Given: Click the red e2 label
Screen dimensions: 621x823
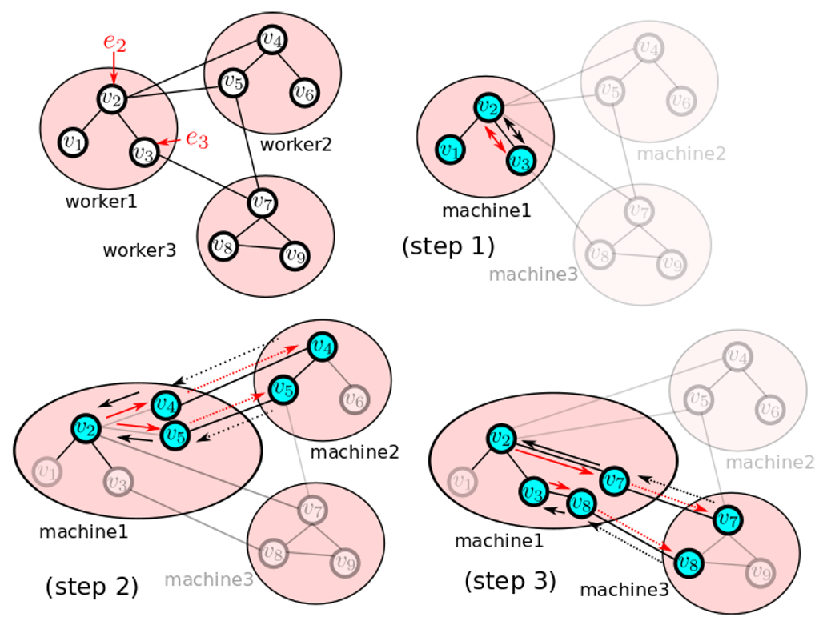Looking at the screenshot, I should point(114,42).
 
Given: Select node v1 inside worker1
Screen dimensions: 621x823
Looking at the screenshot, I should point(73,143).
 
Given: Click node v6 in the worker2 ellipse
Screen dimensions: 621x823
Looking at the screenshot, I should point(303,92).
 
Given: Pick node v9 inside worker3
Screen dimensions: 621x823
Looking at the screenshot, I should point(295,256).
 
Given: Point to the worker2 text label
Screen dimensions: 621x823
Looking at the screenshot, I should point(295,145).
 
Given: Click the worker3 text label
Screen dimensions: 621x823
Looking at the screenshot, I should point(139,250).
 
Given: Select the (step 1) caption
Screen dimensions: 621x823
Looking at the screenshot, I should point(448,246).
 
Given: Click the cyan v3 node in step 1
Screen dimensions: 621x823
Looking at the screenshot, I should point(521,161).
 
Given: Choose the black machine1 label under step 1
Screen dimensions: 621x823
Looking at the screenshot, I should point(486,211).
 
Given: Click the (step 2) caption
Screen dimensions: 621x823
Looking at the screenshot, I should point(92,587).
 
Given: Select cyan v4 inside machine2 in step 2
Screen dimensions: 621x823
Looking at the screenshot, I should point(323,347).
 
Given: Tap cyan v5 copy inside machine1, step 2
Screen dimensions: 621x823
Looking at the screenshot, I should point(175,436).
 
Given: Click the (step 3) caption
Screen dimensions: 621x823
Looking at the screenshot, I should point(510,581).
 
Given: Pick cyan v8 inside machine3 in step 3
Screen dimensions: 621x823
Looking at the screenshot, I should point(688,561).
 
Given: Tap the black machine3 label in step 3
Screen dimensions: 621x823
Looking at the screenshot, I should point(624,590).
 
